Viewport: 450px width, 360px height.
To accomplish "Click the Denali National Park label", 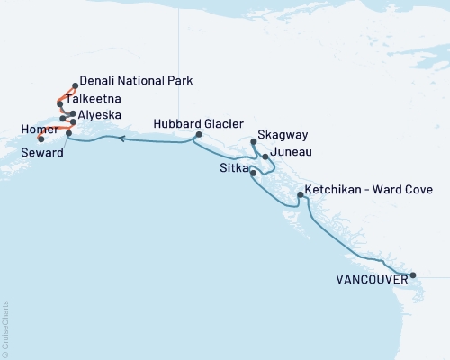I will coord(137,80).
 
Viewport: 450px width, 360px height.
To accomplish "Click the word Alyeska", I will coord(103,115).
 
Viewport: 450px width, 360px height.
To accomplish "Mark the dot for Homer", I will coord(41,138).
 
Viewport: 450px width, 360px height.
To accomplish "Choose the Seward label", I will coord(43,154).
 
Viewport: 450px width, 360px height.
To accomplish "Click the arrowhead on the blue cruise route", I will coord(121,138).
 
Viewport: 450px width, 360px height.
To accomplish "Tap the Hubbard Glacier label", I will coord(189,124).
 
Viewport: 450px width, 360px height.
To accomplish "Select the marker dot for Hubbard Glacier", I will coord(198,136).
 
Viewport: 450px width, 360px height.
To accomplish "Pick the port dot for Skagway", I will coord(254,141).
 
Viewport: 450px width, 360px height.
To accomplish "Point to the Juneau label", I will coord(289,152).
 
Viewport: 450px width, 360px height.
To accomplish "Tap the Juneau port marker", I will coord(265,157).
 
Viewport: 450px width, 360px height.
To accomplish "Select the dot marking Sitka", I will coord(253,173).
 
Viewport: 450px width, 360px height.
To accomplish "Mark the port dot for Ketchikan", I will coord(300,195).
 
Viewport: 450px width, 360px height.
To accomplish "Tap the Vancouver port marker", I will coord(412,275).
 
